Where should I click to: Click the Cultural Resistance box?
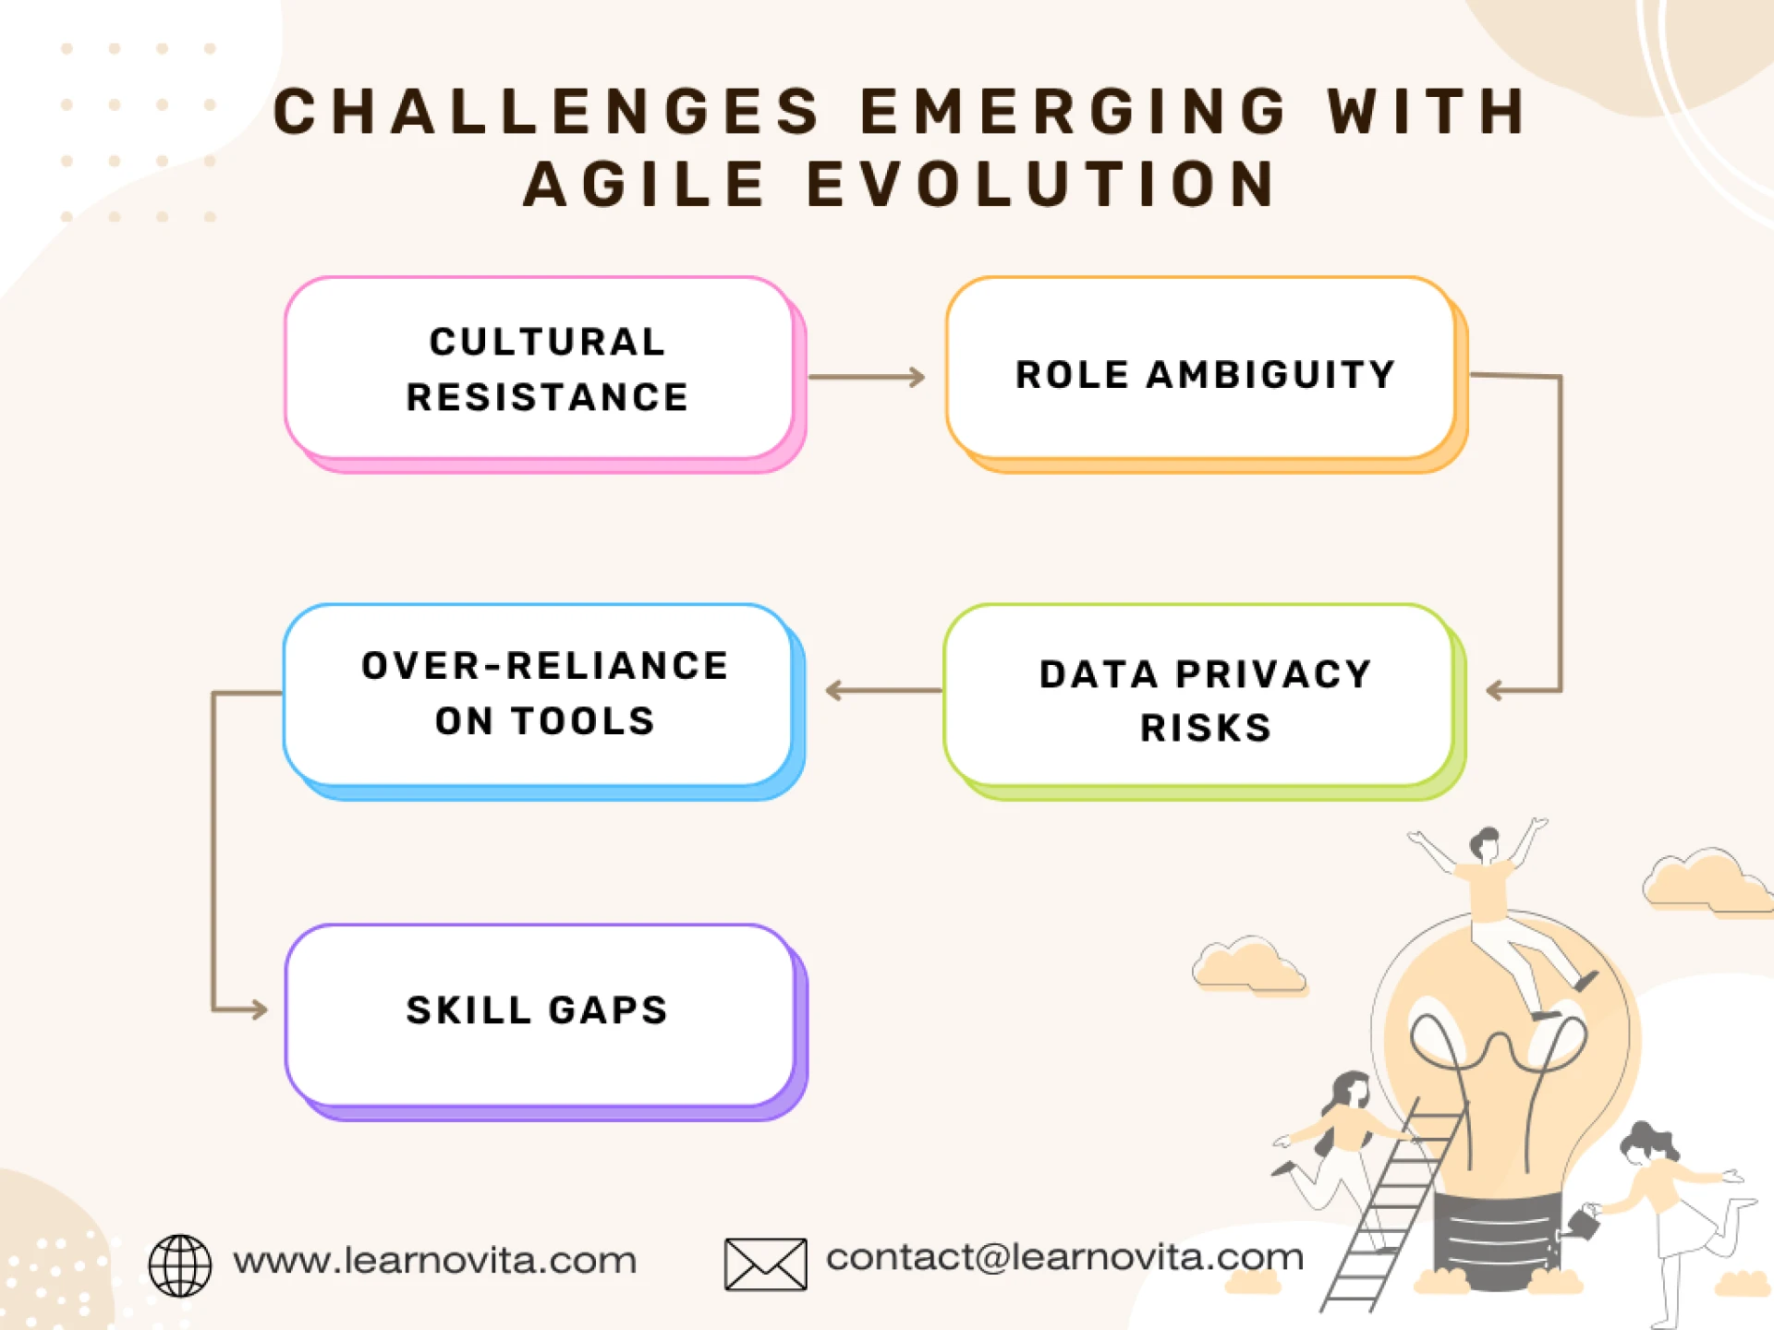(x=545, y=369)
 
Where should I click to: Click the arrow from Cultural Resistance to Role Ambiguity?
(x=866, y=377)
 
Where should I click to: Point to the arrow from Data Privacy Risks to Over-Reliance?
(x=882, y=690)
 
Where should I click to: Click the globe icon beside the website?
(x=180, y=1265)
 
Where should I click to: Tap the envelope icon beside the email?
(x=765, y=1264)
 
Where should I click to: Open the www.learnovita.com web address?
(x=434, y=1261)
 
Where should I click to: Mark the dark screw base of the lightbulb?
(x=1497, y=1238)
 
